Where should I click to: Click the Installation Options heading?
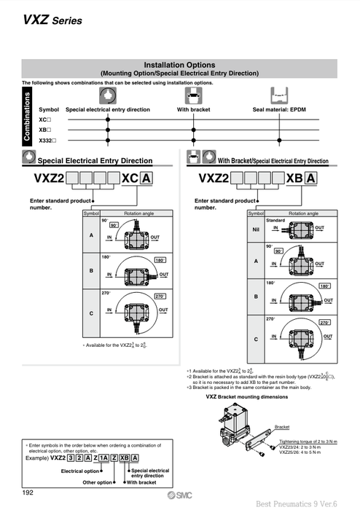179,65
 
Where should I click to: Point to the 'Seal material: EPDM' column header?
283,109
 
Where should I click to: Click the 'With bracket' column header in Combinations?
193,109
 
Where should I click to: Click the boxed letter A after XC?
147,178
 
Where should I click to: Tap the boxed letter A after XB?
310,178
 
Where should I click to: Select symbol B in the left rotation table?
91,270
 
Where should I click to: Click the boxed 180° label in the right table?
325,286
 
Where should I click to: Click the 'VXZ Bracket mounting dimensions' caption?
247,397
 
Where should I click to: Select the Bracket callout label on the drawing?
282,427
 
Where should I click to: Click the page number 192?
28,493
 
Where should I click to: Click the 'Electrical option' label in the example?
81,471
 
